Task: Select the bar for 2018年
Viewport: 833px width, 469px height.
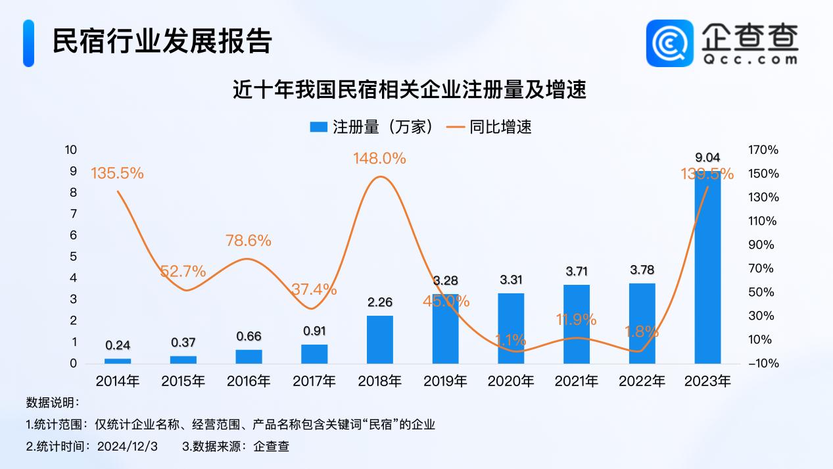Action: click(x=379, y=339)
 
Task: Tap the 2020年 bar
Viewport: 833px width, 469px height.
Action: click(x=511, y=328)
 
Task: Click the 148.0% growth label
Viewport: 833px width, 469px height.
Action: click(x=379, y=159)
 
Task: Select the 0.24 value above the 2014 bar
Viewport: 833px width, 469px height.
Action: click(x=118, y=345)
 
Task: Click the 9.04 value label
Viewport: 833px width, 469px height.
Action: click(x=707, y=157)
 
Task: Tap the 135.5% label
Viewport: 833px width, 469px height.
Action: click(x=117, y=174)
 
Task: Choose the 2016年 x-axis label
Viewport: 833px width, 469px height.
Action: click(x=249, y=381)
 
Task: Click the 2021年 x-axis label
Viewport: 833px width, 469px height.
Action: click(x=577, y=381)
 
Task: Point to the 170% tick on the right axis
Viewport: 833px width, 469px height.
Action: click(x=763, y=150)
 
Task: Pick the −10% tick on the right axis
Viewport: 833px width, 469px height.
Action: click(x=763, y=364)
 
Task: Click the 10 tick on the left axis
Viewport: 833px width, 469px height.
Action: click(x=71, y=150)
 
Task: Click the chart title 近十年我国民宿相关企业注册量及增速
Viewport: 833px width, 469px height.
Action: click(x=410, y=90)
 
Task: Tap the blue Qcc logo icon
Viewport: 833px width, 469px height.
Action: click(x=669, y=43)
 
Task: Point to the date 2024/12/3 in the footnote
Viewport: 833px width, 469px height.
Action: click(x=128, y=447)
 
